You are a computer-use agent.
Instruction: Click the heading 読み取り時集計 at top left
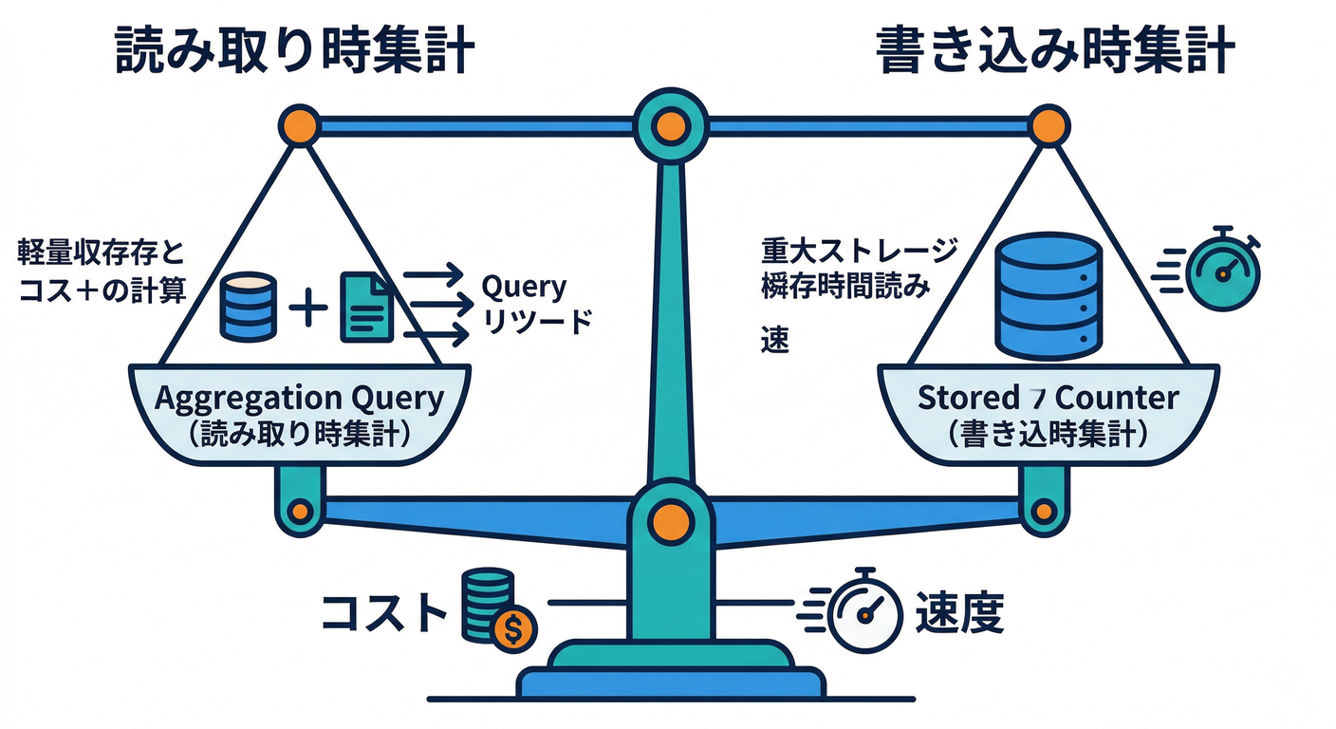click(294, 50)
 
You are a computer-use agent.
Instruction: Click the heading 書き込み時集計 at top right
click(1054, 50)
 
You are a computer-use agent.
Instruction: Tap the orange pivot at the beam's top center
click(670, 124)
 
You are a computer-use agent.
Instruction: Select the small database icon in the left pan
click(248, 306)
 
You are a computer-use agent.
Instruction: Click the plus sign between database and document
click(308, 309)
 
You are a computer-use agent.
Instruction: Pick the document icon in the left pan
click(365, 307)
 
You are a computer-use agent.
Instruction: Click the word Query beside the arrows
click(524, 286)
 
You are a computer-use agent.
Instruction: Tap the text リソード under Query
click(537, 323)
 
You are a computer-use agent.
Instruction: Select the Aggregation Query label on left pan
click(298, 398)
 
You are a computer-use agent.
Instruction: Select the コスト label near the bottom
click(383, 613)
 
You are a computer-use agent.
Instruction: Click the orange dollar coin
click(513, 627)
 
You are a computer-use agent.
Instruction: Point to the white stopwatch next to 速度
click(864, 612)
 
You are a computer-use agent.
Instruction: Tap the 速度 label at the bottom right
click(959, 613)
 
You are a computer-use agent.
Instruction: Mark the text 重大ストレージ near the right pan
click(860, 252)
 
